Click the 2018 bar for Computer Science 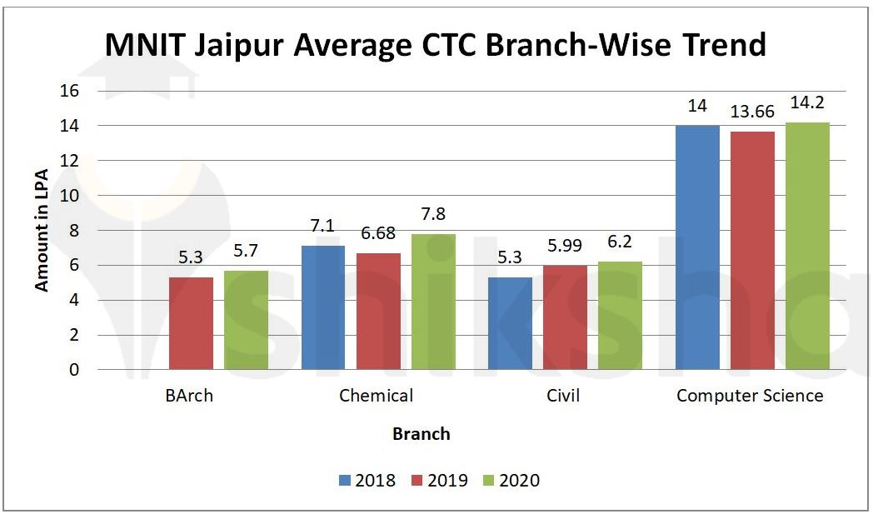697,247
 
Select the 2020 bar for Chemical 433,302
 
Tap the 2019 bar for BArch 191,323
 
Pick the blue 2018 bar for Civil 510,323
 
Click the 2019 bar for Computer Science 752,251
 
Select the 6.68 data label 378,235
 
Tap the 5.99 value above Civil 565,247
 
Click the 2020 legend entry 510,481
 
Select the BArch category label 189,396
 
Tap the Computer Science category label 750,396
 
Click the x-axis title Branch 422,434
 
